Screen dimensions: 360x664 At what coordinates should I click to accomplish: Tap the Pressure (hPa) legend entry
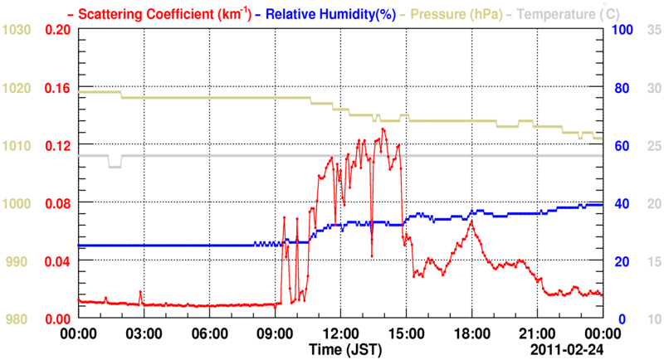[x=458, y=13]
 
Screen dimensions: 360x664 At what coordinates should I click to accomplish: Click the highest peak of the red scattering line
[x=383, y=129]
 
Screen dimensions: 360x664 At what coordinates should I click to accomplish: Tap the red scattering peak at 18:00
[x=471, y=221]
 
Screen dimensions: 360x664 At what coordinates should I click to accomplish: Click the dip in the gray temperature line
[x=115, y=166]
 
